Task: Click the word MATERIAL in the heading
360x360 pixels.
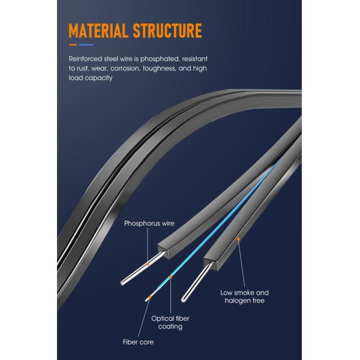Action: click(x=98, y=31)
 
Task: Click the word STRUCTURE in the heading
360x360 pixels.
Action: click(x=167, y=31)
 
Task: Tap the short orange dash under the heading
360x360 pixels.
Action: click(x=73, y=45)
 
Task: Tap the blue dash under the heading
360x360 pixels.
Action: click(x=86, y=45)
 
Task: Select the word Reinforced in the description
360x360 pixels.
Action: click(x=85, y=59)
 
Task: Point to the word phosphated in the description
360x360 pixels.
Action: click(x=160, y=59)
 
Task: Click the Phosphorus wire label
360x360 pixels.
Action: click(x=149, y=223)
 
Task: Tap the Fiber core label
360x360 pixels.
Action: click(x=138, y=342)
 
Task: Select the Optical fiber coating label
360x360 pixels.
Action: click(x=170, y=322)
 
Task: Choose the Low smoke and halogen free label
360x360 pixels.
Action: click(x=245, y=296)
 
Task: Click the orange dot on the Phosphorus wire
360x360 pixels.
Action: click(x=148, y=264)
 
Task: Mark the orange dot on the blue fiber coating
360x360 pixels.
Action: click(x=171, y=277)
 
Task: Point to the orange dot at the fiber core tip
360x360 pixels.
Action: click(x=149, y=298)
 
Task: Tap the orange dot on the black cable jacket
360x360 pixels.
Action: click(x=239, y=239)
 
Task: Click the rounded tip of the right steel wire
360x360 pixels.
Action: click(x=183, y=299)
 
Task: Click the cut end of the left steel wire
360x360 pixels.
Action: click(x=122, y=283)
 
